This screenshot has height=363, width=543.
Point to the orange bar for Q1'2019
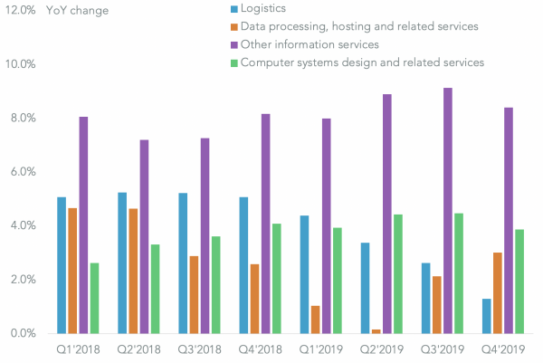point(314,320)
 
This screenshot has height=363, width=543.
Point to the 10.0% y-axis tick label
point(21,64)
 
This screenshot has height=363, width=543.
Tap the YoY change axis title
point(81,11)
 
